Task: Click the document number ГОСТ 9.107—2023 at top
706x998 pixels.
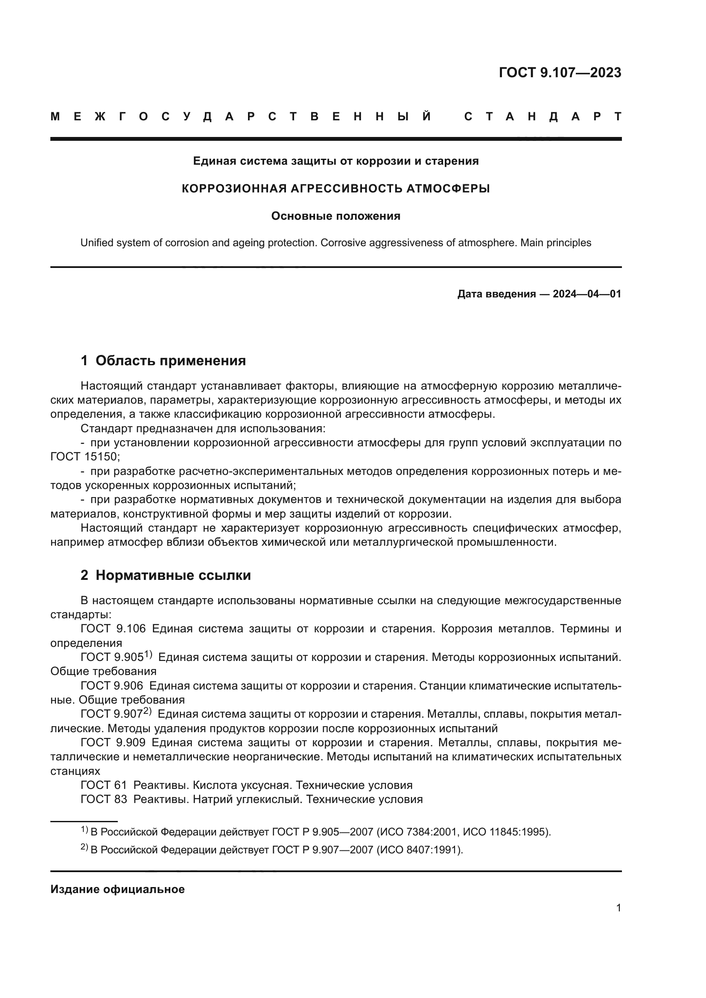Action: (x=560, y=73)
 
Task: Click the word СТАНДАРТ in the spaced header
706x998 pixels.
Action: (x=543, y=116)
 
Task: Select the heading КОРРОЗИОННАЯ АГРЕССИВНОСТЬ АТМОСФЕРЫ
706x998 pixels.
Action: (x=335, y=189)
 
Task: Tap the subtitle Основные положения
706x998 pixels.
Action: (x=335, y=216)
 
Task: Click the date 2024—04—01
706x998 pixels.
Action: (x=586, y=294)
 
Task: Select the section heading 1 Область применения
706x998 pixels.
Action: (x=163, y=361)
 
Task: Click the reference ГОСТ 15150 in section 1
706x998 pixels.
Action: (x=84, y=457)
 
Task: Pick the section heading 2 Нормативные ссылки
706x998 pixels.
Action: (x=166, y=576)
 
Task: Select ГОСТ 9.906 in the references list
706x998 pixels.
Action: (x=112, y=686)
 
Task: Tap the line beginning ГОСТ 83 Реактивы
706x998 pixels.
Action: (x=251, y=799)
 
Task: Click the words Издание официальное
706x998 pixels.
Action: (x=117, y=889)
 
